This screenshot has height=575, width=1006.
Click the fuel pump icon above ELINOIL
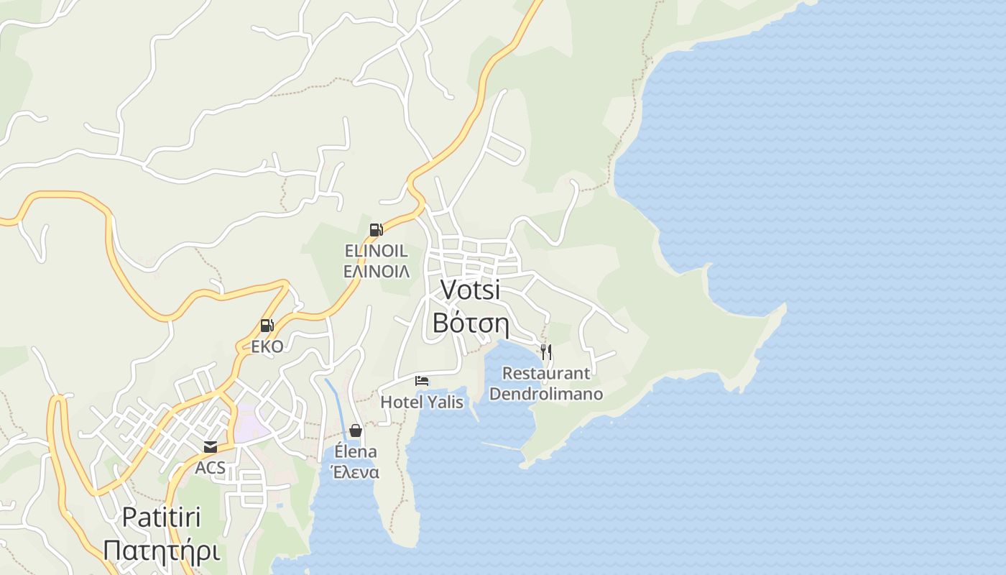(376, 230)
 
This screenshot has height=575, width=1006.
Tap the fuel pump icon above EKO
(267, 326)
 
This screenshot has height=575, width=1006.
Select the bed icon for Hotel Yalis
(422, 380)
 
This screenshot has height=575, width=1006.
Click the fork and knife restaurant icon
(546, 351)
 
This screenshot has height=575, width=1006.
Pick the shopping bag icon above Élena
(355, 431)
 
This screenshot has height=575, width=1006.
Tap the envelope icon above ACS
(210, 447)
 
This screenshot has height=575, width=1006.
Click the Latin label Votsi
(470, 290)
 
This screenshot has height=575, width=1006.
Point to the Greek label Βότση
(471, 323)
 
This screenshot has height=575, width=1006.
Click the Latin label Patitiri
(161, 517)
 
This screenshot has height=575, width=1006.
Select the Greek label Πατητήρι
(161, 551)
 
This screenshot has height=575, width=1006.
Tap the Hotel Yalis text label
(422, 402)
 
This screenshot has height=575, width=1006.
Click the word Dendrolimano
(546, 394)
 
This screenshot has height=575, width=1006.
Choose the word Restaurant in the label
(546, 373)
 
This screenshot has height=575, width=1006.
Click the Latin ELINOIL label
(376, 251)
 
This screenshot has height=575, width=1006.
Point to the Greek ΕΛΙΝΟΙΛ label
(376, 271)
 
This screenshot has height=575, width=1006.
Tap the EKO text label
(267, 346)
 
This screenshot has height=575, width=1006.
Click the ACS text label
(210, 468)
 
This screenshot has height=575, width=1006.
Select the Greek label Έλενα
(354, 472)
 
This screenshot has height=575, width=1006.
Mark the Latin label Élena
(355, 451)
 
